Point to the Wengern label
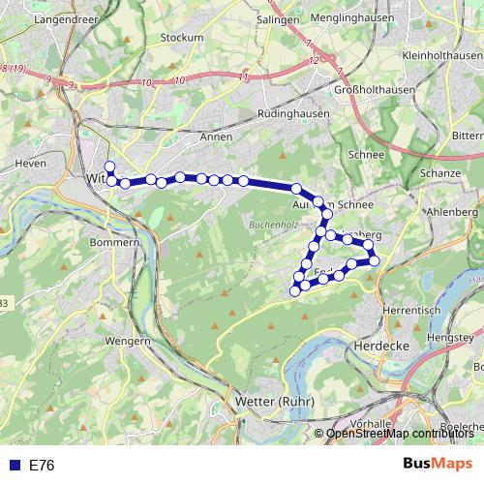128,341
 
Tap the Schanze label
440,171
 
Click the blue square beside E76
14,466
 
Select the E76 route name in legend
42,466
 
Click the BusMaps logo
439,465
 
